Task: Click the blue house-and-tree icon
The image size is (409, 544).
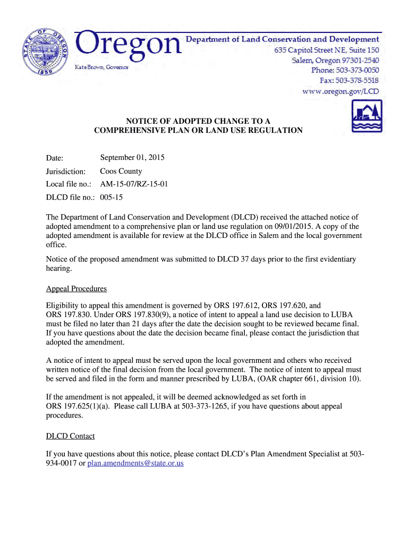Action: [367, 116]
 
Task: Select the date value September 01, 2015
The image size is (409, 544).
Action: [132, 158]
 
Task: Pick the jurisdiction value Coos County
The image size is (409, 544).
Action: [121, 172]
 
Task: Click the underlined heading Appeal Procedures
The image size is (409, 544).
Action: [76, 289]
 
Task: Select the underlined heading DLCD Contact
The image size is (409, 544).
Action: [70, 436]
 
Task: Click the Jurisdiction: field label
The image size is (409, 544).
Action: [66, 172]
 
